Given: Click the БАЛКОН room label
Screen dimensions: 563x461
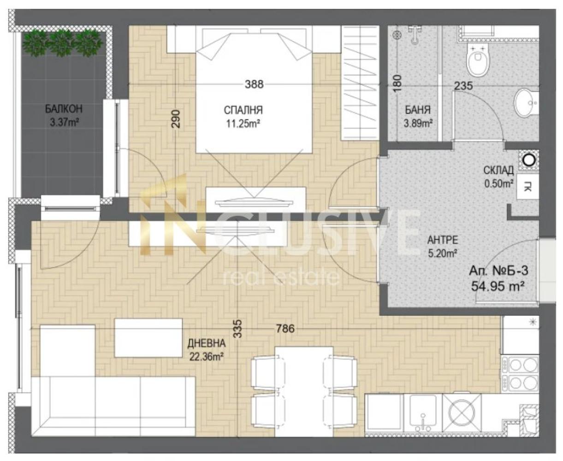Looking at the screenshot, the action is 64,109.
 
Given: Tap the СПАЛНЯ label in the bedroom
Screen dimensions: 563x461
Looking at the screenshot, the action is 243,110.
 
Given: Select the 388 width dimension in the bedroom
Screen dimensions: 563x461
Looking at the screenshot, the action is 254,84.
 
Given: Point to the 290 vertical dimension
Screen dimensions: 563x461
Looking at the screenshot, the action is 177,119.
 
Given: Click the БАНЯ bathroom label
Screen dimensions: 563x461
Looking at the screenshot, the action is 418,110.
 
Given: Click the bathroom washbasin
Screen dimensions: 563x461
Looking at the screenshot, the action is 526,103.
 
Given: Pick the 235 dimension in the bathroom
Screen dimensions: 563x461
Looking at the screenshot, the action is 463,86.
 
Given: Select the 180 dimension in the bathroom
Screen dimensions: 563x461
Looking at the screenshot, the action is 397,83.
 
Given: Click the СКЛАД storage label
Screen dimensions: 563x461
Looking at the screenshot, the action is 498,170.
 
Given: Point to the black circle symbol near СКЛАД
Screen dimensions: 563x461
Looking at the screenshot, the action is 529,160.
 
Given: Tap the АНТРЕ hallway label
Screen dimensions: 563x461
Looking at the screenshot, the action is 443,240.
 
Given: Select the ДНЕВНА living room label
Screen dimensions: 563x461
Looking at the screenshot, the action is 207,343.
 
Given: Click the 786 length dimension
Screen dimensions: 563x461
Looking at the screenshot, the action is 285,328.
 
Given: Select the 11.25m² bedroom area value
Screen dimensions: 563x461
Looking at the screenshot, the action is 243,124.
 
